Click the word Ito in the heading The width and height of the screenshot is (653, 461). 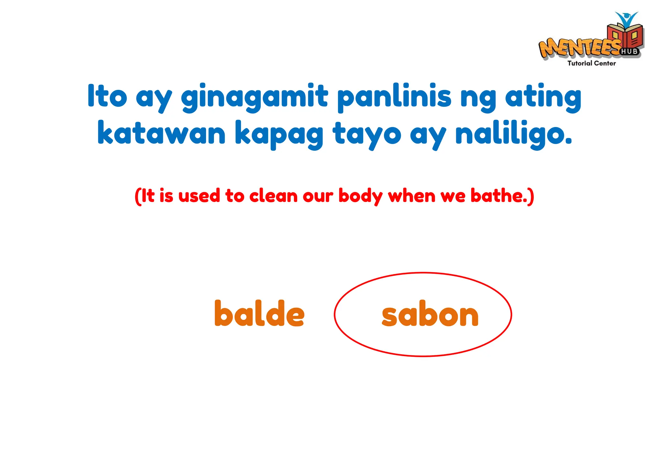[107, 96]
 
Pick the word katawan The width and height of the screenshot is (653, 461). [161, 133]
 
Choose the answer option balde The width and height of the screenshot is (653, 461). [259, 313]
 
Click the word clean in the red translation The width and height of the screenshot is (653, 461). [273, 196]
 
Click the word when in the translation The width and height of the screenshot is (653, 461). [411, 196]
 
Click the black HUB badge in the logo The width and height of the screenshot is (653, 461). [629, 51]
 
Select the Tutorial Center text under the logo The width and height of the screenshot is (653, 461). [591, 63]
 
